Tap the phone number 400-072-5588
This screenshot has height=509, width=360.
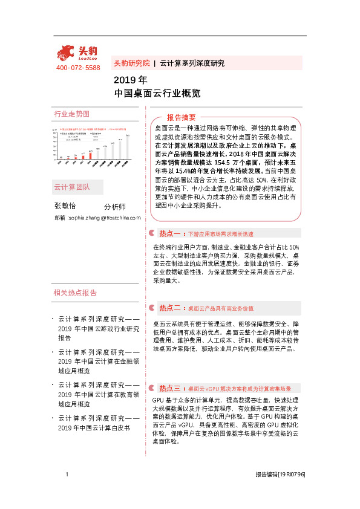click(x=78, y=68)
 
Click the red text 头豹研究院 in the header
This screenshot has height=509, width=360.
click(x=131, y=63)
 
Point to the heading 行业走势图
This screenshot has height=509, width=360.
click(x=72, y=114)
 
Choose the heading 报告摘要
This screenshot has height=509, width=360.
click(x=182, y=117)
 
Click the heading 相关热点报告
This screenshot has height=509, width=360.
click(x=75, y=293)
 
